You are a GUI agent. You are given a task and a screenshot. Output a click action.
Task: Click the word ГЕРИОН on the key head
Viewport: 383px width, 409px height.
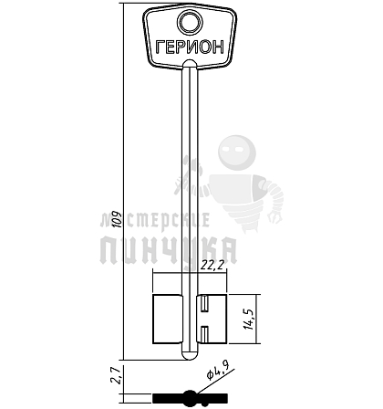pyautogui.click(x=190, y=47)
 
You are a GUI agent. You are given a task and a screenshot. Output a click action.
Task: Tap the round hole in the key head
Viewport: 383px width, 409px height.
pyautogui.click(x=191, y=22)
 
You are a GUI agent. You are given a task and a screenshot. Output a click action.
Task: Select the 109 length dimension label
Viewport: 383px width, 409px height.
pyautogui.click(x=117, y=219)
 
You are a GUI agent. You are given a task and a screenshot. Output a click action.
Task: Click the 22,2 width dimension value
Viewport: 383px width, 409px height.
pyautogui.click(x=212, y=266)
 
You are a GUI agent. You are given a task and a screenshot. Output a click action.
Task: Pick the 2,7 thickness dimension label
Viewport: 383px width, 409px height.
pyautogui.click(x=116, y=375)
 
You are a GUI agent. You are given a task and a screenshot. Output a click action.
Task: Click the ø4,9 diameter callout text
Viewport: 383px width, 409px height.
pyautogui.click(x=218, y=370)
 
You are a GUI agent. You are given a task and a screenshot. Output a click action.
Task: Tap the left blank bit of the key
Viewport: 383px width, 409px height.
pyautogui.click(x=167, y=319)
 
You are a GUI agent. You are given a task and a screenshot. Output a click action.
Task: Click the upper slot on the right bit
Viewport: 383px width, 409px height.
pyautogui.click(x=205, y=304)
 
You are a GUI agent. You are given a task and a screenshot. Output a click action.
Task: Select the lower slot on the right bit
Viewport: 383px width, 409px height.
pyautogui.click(x=205, y=332)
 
